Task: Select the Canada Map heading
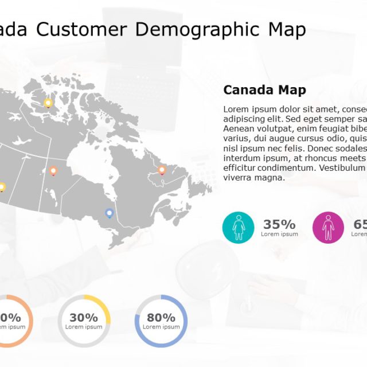[264, 90]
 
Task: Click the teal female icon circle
[238, 227]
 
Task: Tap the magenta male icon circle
[328, 227]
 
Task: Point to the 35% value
[279, 224]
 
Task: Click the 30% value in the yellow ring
[84, 317]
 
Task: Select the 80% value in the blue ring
[161, 317]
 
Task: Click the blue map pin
[109, 213]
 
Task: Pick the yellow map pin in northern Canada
[48, 103]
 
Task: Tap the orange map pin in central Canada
[53, 170]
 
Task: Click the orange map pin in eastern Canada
[162, 170]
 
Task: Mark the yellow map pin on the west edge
[2, 187]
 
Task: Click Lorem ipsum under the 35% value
[279, 234]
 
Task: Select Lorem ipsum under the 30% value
[84, 327]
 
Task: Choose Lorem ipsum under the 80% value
[161, 327]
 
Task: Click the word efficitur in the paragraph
[239, 167]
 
